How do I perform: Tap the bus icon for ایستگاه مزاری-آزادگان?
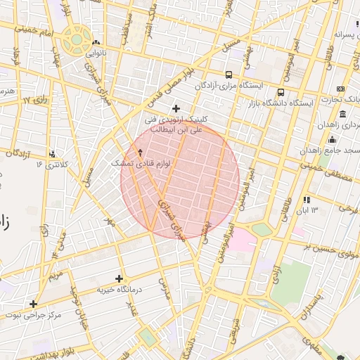(x=229, y=75)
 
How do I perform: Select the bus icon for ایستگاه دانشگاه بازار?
(x=281, y=92)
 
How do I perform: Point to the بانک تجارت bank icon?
(x=341, y=89)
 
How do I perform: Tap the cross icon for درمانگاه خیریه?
(x=119, y=278)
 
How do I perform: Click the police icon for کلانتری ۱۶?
(x=53, y=154)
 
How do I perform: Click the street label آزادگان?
(x=21, y=153)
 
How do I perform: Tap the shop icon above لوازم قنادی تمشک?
(x=139, y=152)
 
